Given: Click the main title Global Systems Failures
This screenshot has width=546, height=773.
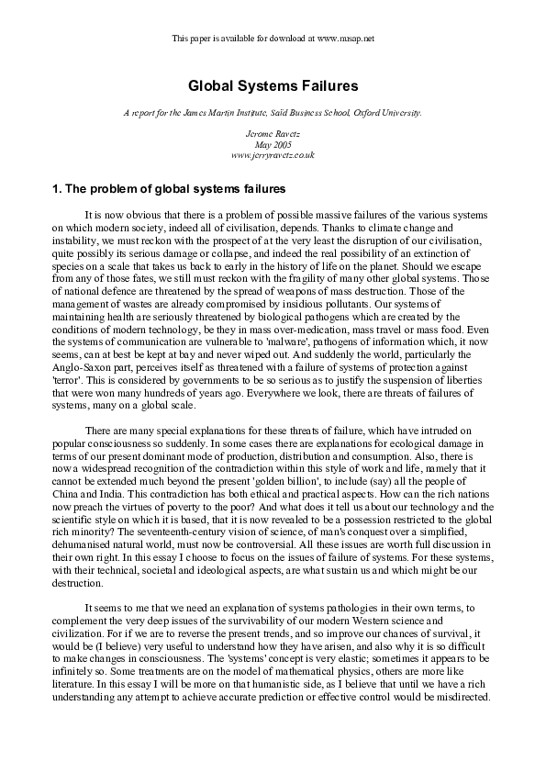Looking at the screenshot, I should [273, 85].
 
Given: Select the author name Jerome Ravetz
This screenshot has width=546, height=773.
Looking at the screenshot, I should [273, 135].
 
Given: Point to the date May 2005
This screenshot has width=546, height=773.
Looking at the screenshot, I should [273, 145].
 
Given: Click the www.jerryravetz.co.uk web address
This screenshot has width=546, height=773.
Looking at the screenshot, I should [273, 155].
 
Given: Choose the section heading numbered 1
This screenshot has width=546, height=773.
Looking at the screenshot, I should [170, 190].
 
